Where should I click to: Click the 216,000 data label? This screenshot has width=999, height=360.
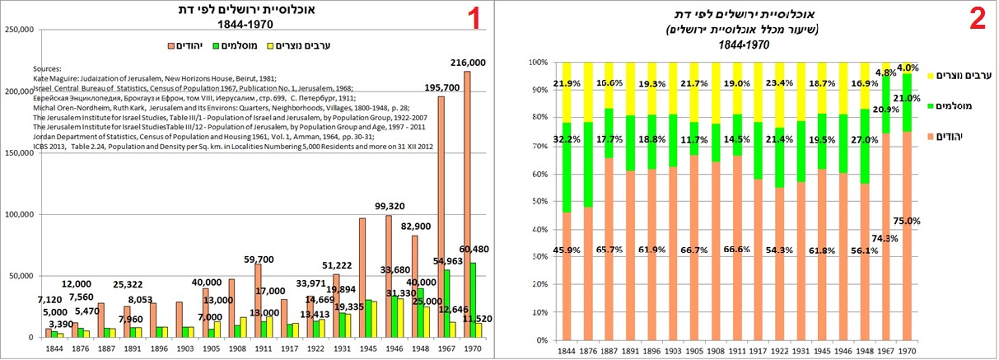[x=467, y=63]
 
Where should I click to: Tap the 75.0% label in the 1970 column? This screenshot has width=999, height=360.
[x=905, y=222]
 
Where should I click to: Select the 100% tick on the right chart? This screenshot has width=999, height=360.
[x=538, y=63]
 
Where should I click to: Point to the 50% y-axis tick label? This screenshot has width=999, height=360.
[x=539, y=202]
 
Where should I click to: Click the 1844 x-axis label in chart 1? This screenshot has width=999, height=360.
[x=52, y=348]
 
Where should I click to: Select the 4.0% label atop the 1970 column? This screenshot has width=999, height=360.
[x=907, y=68]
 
